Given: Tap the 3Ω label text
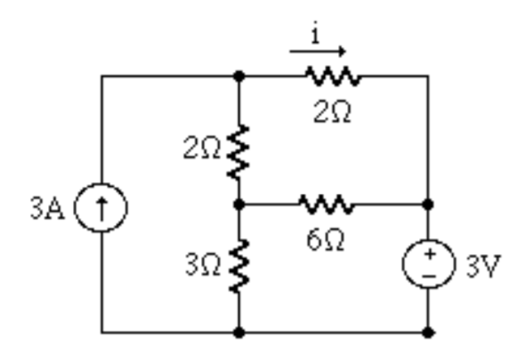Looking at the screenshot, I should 202,264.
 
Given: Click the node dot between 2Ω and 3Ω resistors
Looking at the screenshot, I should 238,204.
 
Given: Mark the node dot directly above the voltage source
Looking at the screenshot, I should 428,204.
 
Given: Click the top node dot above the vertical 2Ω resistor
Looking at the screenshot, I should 238,76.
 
